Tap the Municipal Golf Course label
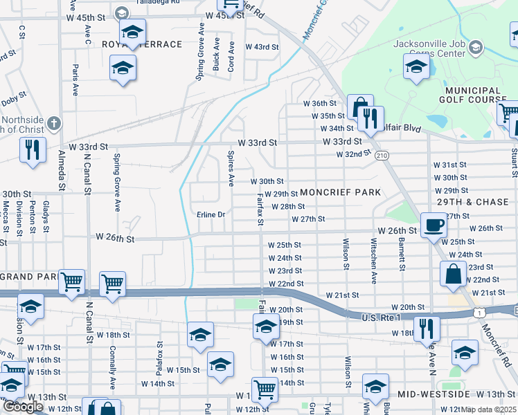pyautogui.click(x=470, y=95)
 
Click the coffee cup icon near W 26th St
pyautogui.click(x=434, y=224)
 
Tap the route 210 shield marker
pyautogui.click(x=382, y=156)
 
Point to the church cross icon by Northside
pyautogui.click(x=55, y=123)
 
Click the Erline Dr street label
pyautogui.click(x=211, y=214)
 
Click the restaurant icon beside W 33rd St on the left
pyautogui.click(x=33, y=149)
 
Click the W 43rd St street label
pyautogui.click(x=262, y=47)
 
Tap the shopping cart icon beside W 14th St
pyautogui.click(x=265, y=389)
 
